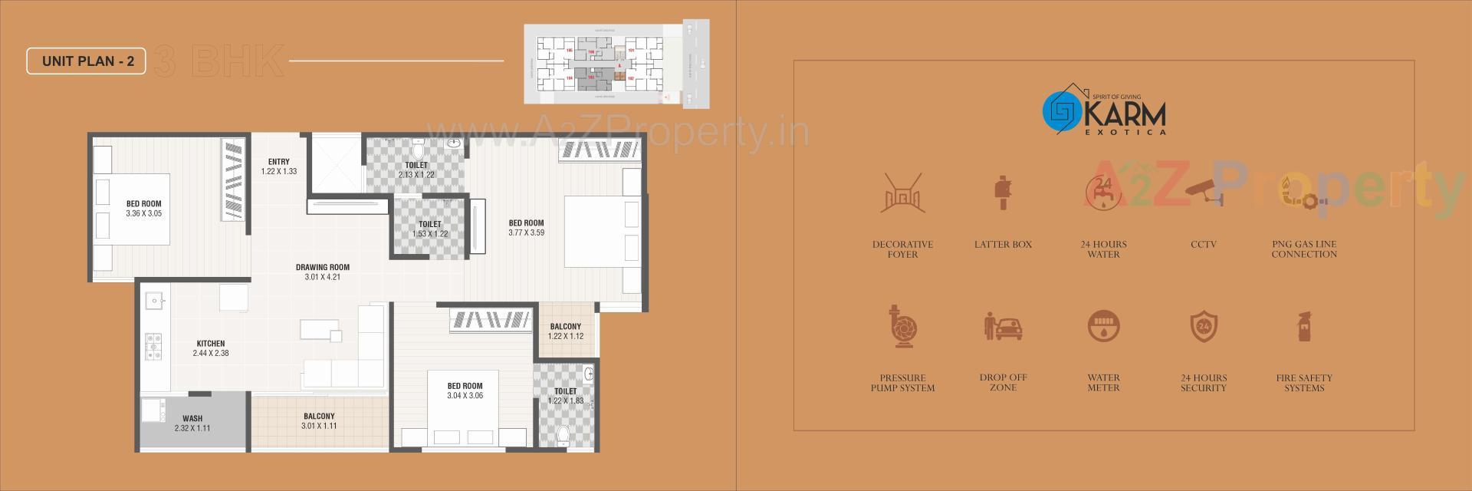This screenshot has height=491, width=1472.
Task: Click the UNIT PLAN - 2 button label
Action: click(87, 61)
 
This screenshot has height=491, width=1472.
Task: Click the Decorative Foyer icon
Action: click(902, 193)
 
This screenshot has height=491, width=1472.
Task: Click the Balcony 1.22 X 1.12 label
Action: click(566, 331)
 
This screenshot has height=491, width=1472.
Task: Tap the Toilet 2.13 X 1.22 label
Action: click(416, 170)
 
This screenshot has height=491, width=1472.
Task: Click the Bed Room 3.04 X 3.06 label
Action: click(465, 391)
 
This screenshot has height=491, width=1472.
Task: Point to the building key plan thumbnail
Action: click(616, 64)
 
